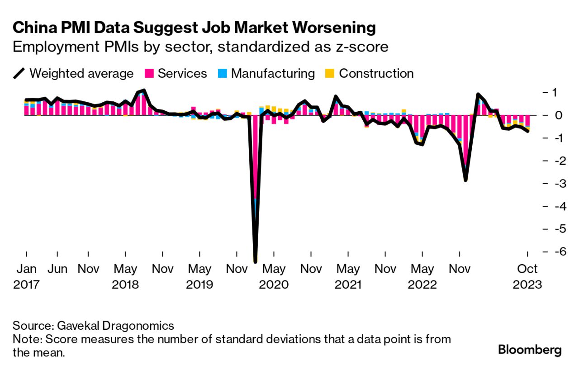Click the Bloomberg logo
[x=530, y=350]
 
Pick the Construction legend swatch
[x=330, y=73]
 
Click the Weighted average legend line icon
[x=19, y=73]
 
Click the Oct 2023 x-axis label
[x=527, y=276]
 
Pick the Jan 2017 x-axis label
[x=26, y=276]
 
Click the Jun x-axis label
[x=57, y=269]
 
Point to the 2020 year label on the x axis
[x=274, y=285]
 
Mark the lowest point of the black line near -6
[x=255, y=261]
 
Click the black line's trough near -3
[x=465, y=180]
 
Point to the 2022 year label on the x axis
[x=422, y=285]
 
